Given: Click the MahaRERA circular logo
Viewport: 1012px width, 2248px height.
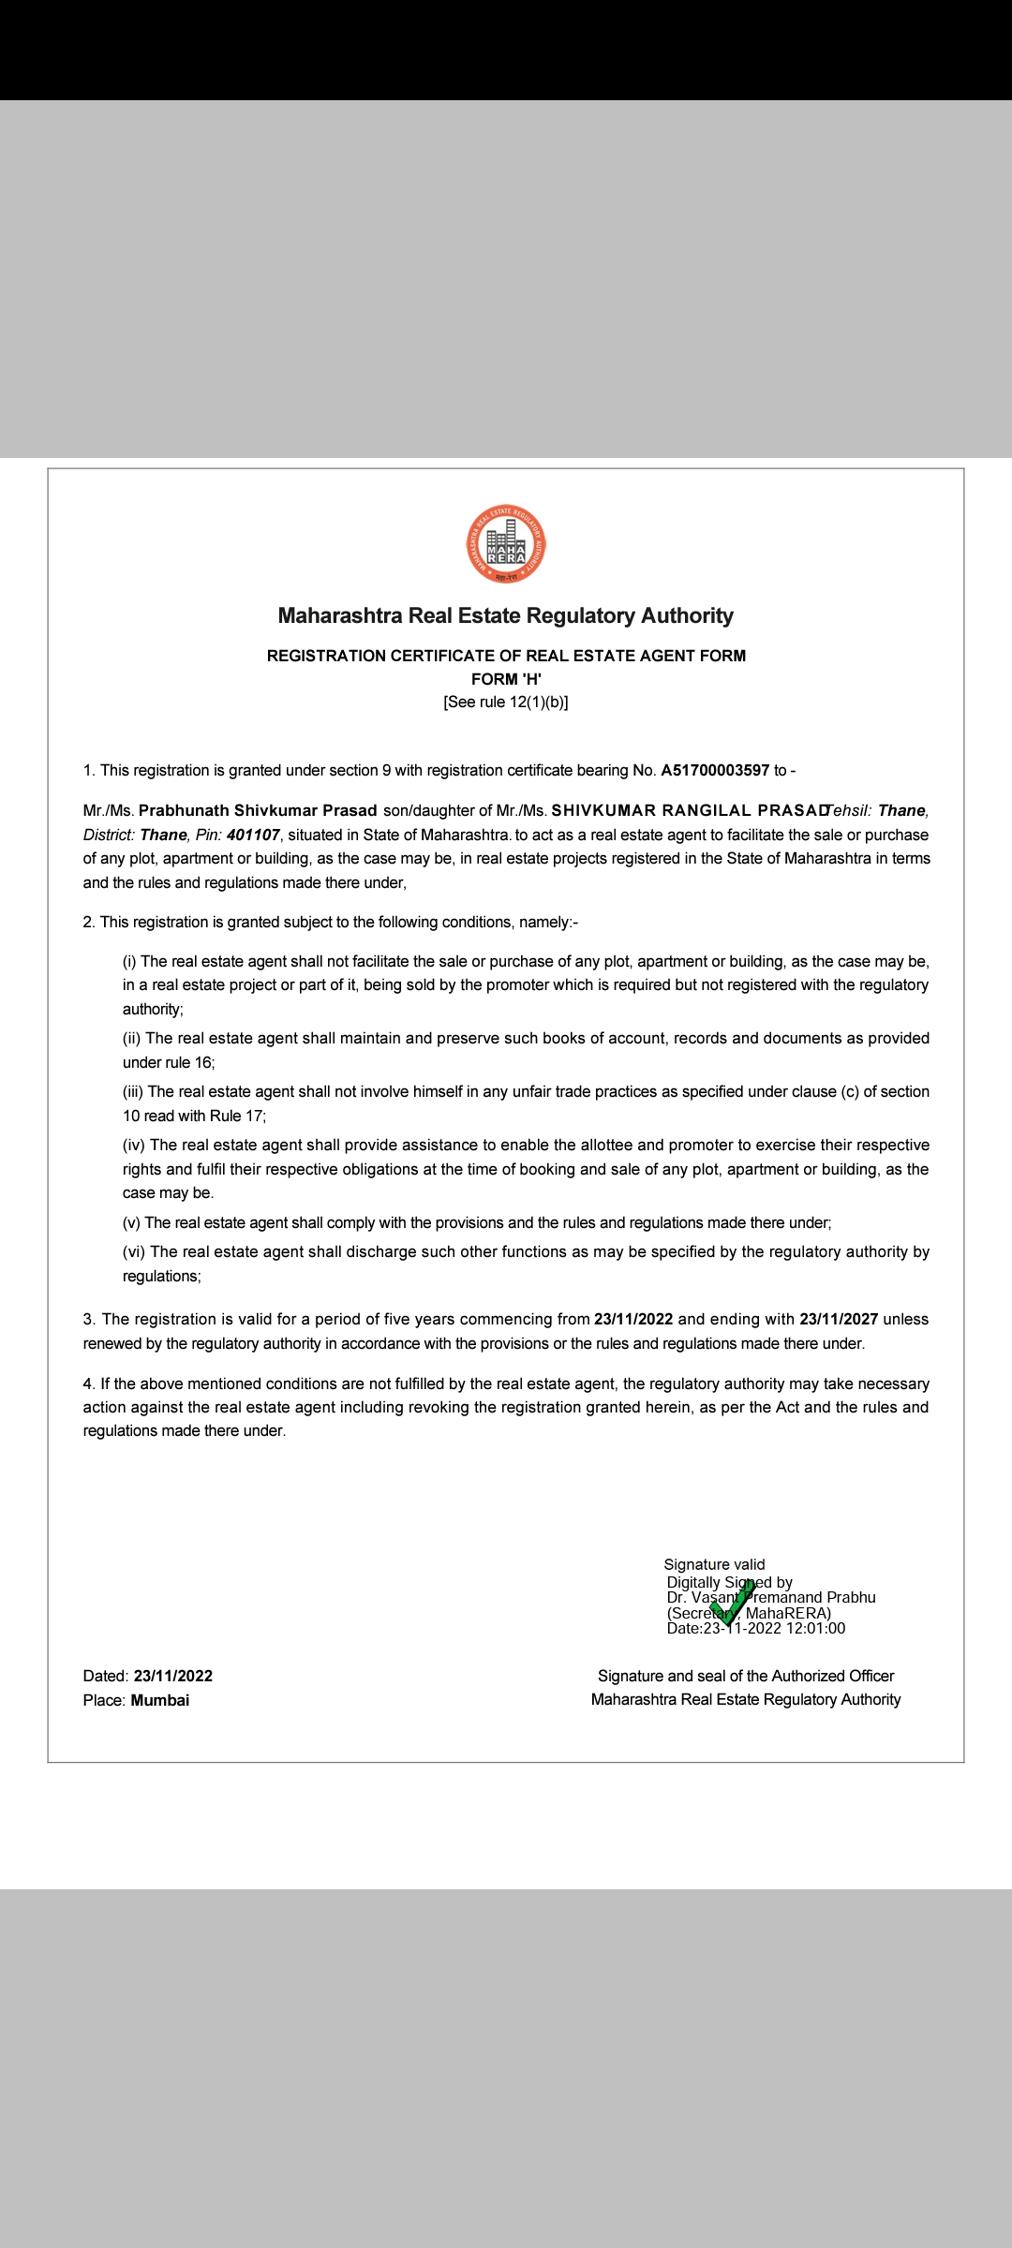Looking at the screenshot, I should coord(506,544).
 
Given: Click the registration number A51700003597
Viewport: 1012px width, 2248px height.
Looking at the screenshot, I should coord(715,770).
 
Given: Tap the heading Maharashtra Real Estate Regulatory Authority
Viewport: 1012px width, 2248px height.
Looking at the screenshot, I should coord(506,615).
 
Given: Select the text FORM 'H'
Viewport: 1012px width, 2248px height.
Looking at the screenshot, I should coord(506,679).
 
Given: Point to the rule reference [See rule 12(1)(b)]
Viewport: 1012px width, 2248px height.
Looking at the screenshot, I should coord(506,702).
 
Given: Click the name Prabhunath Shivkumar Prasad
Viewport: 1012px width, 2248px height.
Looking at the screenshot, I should coord(258,810).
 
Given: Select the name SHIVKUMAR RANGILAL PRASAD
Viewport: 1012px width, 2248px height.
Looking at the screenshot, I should coord(689,810).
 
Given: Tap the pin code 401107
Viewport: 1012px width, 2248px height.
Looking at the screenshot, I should coord(253,835).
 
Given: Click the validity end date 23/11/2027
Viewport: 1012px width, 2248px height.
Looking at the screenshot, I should coord(839,1319).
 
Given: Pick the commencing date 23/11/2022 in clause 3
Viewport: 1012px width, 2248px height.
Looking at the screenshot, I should coord(633,1319).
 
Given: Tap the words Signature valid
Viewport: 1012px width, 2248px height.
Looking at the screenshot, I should coord(714,1564).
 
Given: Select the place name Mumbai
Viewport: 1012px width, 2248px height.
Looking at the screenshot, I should coord(160,1700).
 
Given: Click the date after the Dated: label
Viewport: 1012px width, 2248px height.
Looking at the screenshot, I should coord(173,1676).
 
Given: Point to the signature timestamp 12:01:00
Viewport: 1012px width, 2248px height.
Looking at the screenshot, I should coord(815,1628).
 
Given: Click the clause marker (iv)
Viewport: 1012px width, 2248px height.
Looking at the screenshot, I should coord(134,1145).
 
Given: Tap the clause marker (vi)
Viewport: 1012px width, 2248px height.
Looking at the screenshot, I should coord(134,1251).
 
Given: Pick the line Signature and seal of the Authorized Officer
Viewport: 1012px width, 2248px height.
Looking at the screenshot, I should coord(746,1676).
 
